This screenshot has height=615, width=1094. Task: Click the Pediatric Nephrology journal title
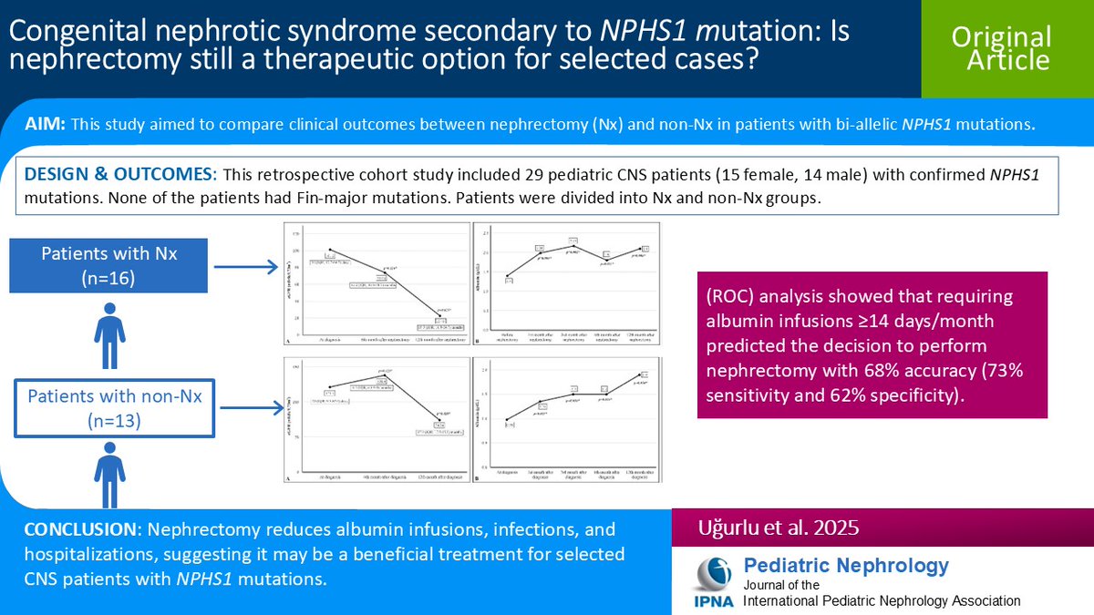coord(846,566)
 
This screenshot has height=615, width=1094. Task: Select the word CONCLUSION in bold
coord(79,529)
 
